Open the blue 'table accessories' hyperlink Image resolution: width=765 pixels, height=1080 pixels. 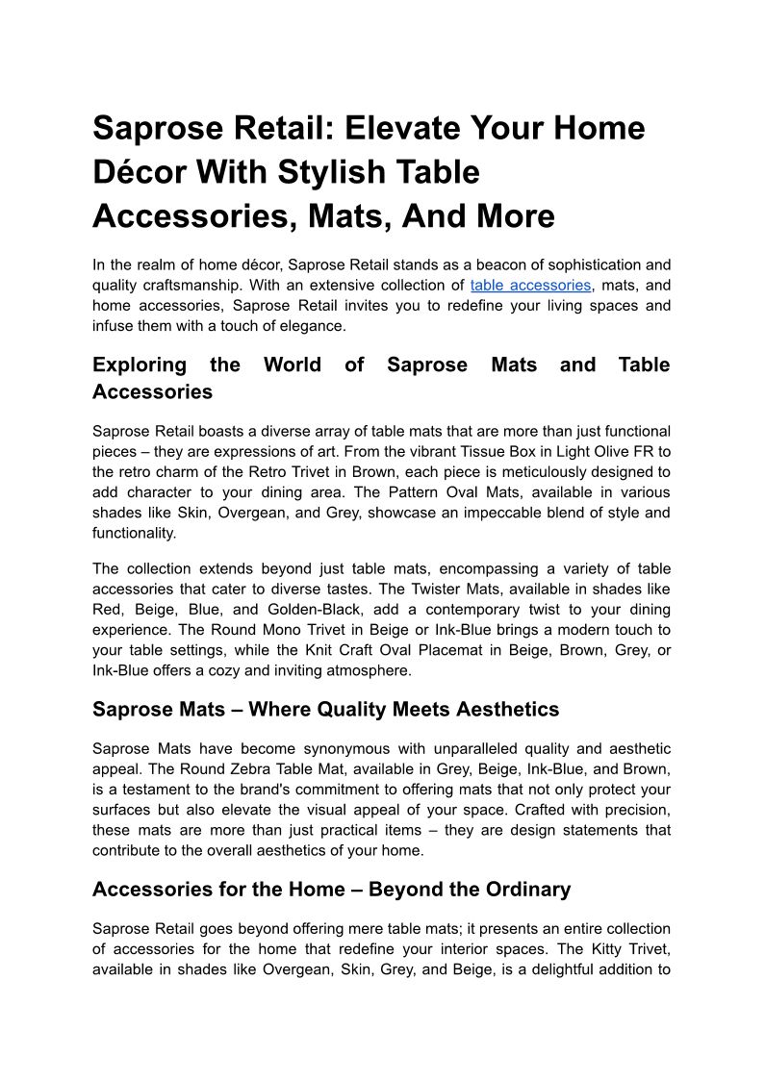pyautogui.click(x=530, y=286)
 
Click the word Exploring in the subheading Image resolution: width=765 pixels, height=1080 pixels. pyautogui.click(x=140, y=365)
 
